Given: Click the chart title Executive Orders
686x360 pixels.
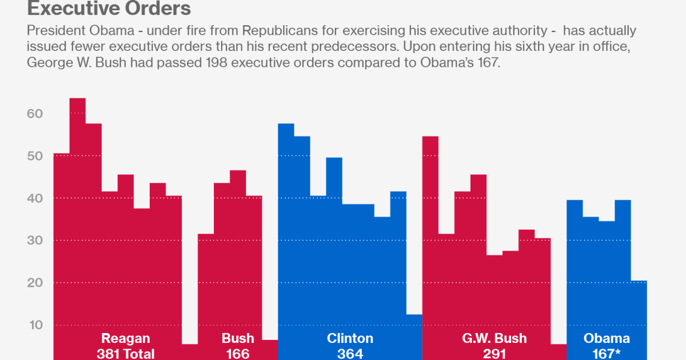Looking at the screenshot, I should (x=109, y=9).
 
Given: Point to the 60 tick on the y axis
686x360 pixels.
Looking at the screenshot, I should (x=34, y=114).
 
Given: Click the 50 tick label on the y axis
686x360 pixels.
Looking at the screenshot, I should (x=34, y=156).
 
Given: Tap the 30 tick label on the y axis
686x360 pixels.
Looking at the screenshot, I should (x=34, y=241).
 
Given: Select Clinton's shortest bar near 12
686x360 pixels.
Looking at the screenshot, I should (x=414, y=337).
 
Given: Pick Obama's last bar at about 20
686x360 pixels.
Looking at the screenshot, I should (x=639, y=320).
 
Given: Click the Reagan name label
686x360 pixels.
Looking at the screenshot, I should (x=125, y=338).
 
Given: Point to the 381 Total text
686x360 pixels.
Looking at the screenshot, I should (x=125, y=354).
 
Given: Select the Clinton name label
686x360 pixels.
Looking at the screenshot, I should (x=350, y=338).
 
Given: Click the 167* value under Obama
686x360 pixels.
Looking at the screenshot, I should (x=607, y=354).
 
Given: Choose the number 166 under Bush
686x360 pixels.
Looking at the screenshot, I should (x=237, y=354).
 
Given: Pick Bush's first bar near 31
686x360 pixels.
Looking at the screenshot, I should (x=206, y=286).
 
